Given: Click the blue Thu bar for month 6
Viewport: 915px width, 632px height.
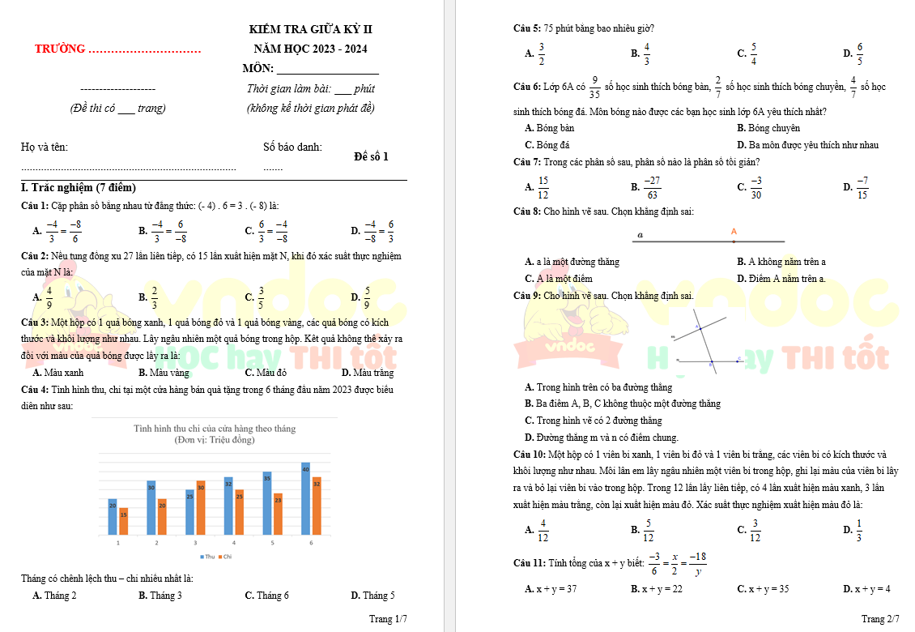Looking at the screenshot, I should tap(305, 497).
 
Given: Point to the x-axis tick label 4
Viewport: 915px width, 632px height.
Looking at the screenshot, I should tap(234, 542).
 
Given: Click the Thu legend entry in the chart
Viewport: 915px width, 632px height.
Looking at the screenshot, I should tap(207, 557).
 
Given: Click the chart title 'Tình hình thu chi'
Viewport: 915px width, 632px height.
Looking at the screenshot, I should tap(215, 428).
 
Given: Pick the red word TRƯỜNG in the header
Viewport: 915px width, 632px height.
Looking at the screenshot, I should tap(60, 49).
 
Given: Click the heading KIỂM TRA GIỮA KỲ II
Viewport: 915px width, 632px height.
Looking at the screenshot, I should tap(311, 30).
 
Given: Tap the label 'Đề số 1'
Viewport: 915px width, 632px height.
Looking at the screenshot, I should tap(371, 156).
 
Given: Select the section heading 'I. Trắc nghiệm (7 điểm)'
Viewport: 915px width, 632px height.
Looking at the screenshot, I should tap(79, 188).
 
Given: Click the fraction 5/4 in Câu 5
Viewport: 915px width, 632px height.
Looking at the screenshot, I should tap(754, 53).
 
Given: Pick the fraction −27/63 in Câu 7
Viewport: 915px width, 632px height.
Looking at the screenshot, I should tap(652, 187).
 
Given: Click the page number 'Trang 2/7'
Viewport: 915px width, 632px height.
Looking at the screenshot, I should tap(880, 619).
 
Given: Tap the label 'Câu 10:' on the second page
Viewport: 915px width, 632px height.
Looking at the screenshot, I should tap(530, 455).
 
